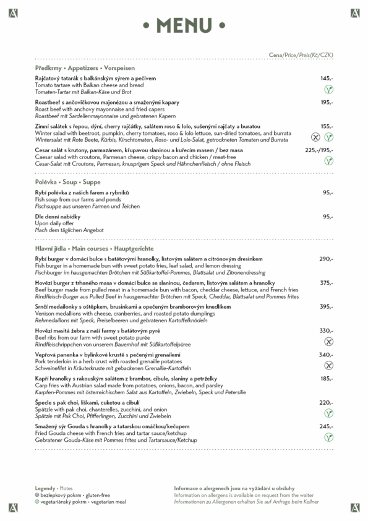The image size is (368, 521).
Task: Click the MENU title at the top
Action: tap(184, 25)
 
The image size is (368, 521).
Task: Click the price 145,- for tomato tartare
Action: tap(327, 79)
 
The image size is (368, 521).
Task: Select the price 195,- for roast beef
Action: tap(327, 102)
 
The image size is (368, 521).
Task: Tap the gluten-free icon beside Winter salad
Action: tap(315, 137)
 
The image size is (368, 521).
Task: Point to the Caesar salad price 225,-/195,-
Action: tap(319, 150)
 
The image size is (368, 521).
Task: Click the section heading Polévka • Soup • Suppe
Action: tap(68, 183)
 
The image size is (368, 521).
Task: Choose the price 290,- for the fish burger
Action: tap(327, 259)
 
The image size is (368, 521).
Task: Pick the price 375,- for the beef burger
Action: tap(327, 283)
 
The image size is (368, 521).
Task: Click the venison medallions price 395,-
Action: tap(327, 306)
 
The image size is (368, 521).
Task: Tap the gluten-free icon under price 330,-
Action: tap(329, 341)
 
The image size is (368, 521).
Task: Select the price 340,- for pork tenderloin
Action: tap(327, 355)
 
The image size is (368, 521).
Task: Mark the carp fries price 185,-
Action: tap(327, 378)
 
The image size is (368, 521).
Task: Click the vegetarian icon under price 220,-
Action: tap(329, 413)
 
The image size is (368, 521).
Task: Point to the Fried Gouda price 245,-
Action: tap(327, 426)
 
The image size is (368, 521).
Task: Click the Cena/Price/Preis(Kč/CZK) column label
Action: tap(301, 55)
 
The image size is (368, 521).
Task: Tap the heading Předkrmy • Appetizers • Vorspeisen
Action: tap(85, 68)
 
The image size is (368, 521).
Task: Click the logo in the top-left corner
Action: tap(12, 12)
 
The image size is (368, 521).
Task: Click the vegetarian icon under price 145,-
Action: tap(329, 90)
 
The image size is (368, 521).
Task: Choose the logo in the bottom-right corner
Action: tap(355, 508)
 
